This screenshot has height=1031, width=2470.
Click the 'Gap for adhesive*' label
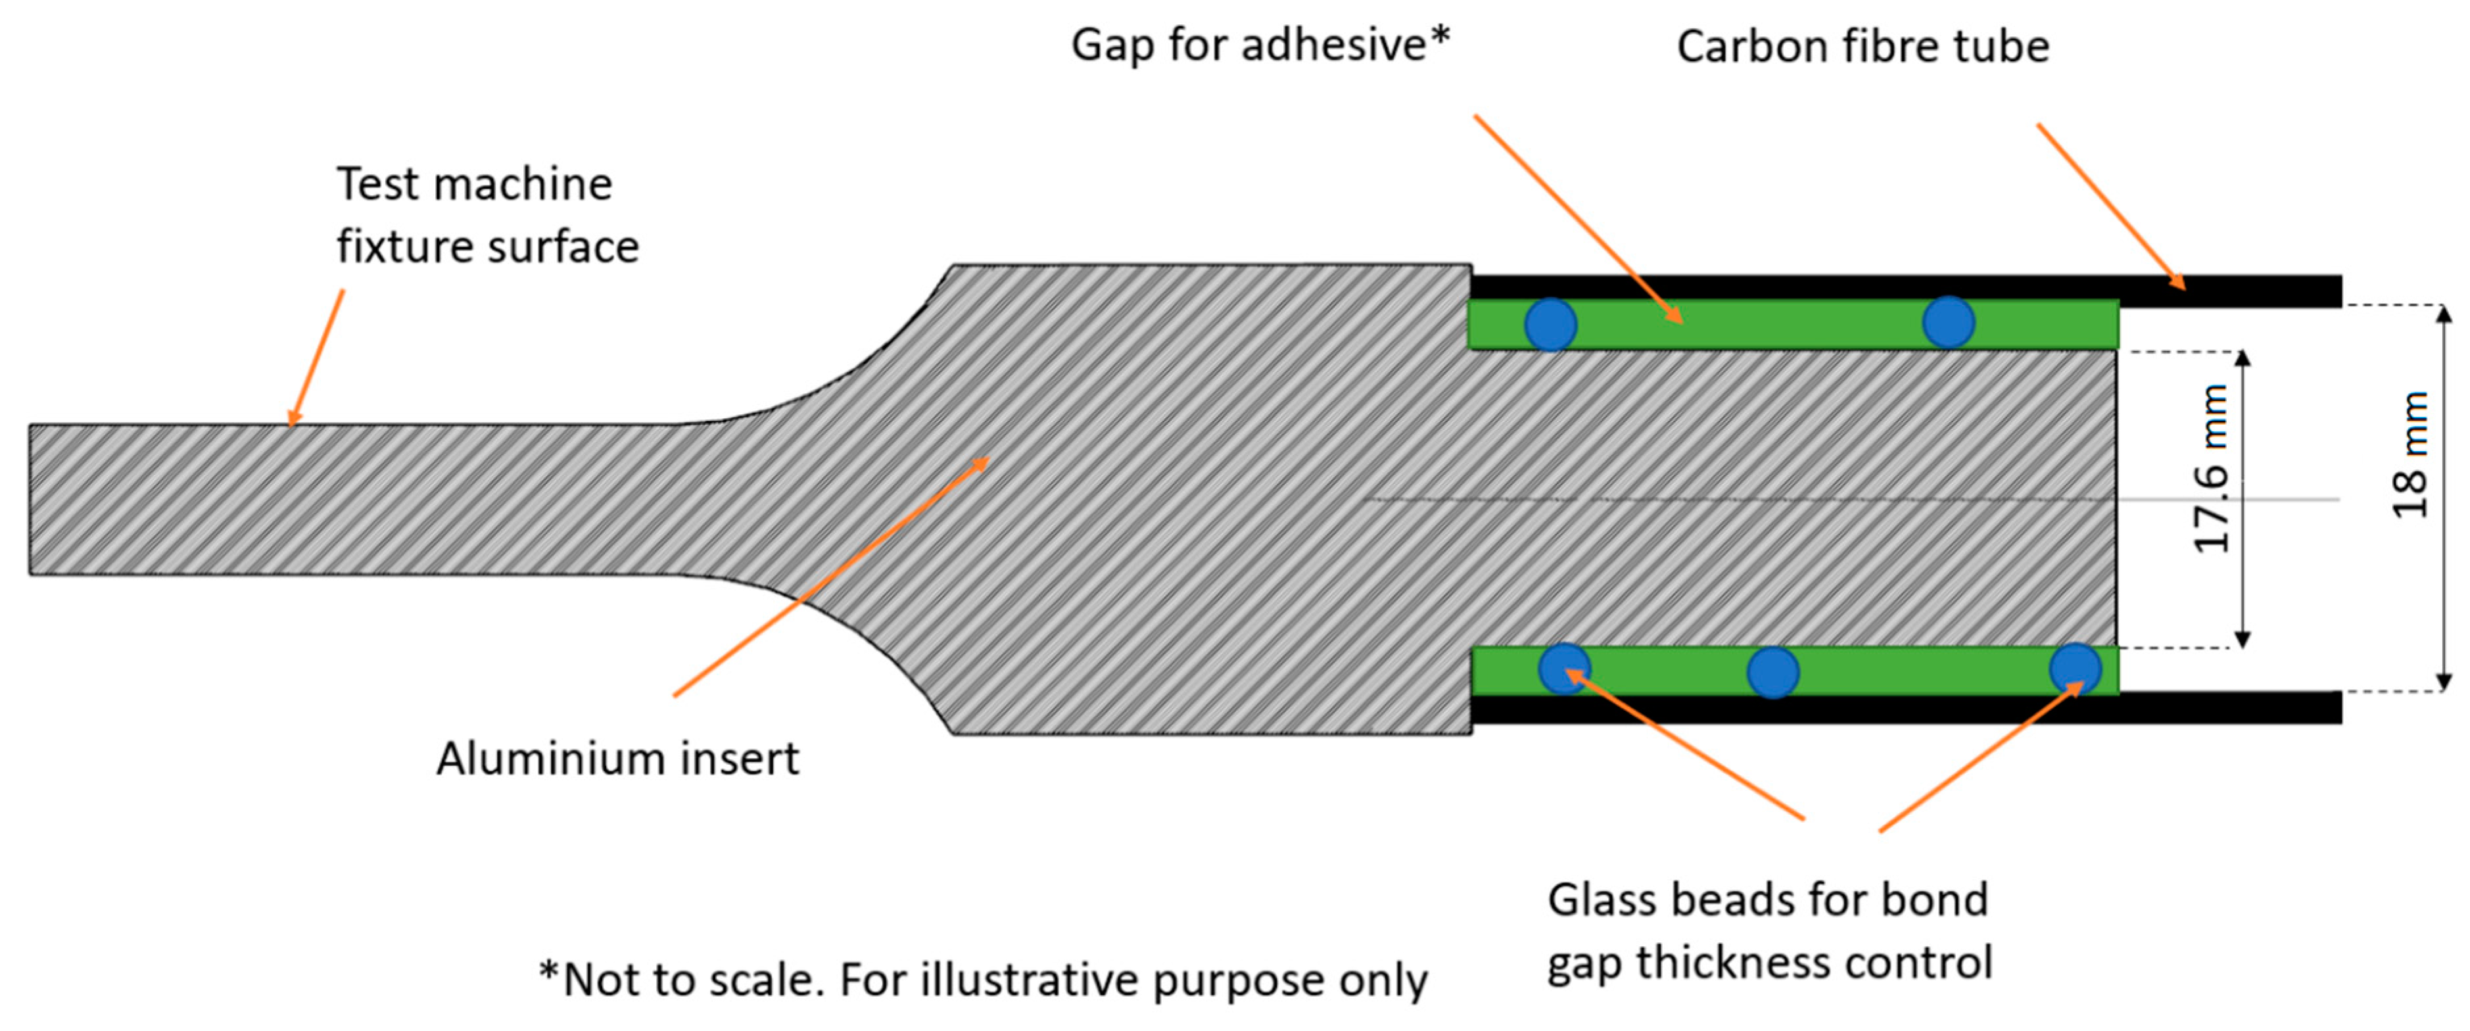[1260, 45]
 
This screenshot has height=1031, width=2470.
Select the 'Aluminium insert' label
[617, 759]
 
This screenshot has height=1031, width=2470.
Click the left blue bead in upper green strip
[1550, 324]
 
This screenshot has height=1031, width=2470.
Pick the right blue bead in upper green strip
[1949, 322]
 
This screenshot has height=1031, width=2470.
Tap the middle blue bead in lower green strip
[1773, 672]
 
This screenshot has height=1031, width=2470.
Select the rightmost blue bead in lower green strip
[2075, 669]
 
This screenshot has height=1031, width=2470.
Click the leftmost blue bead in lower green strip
[1564, 669]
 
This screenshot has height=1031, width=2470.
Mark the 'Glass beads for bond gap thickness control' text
[1769, 930]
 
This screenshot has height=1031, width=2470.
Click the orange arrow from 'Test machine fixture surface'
[316, 357]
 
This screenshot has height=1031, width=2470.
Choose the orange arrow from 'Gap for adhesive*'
[1577, 219]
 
